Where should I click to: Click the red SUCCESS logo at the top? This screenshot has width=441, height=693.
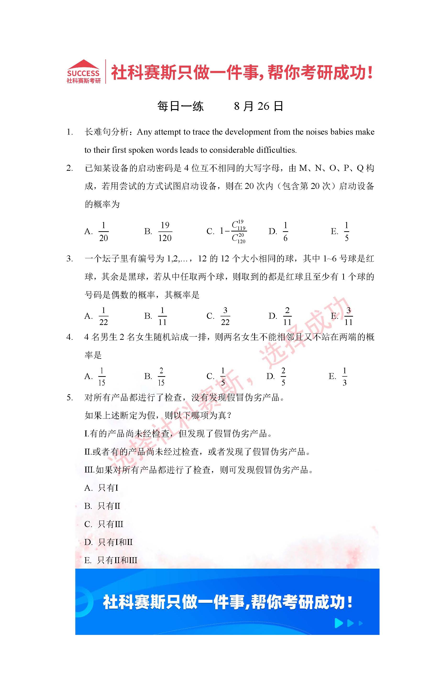tap(83, 72)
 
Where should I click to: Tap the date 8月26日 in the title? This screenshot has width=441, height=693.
tap(258, 106)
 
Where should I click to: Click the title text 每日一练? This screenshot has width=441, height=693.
tap(181, 106)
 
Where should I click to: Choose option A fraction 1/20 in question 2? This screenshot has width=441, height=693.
tap(103, 232)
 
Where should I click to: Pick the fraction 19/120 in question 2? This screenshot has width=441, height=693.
tap(165, 232)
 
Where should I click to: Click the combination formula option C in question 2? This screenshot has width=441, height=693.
tap(233, 232)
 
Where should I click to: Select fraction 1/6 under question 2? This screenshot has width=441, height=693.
tap(285, 232)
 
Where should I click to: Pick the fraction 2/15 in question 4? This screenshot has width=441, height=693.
tap(161, 376)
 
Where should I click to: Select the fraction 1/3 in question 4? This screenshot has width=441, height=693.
tap(345, 376)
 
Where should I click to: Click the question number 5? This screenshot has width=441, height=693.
tap(69, 398)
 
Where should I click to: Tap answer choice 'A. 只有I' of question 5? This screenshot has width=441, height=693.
tap(101, 488)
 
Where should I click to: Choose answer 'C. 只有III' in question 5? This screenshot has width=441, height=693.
tap(104, 524)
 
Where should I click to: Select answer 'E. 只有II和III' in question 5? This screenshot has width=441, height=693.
tap(111, 560)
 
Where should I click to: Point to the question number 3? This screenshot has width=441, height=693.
tap(69, 259)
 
